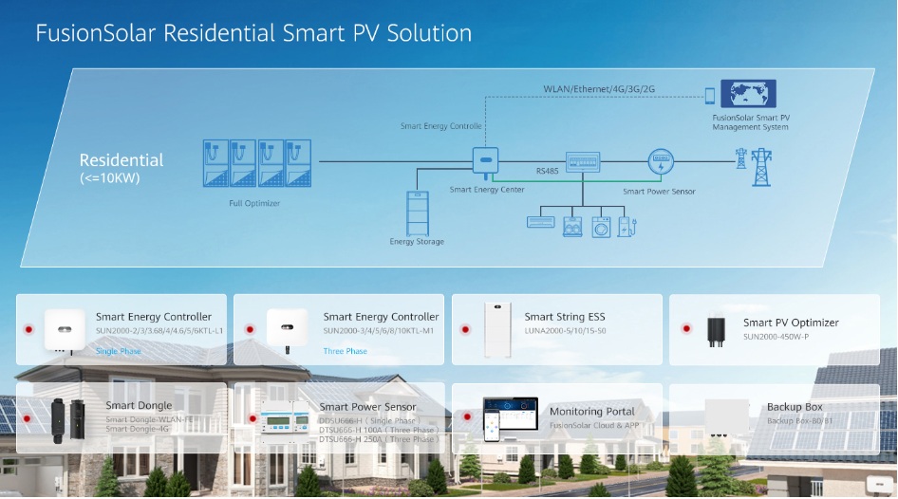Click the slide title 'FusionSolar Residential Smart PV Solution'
coord(253,33)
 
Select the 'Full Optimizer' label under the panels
coord(254,203)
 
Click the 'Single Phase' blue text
coord(118,351)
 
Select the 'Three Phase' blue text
coord(345,351)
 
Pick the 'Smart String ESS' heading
coord(564,317)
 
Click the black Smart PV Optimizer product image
coord(714,329)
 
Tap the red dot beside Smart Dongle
coord(28,417)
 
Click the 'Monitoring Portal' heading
coord(590,411)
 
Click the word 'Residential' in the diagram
coord(122,160)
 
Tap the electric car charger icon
coord(625,227)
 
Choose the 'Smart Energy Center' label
coord(487,190)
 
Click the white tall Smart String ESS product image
coord(496,329)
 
